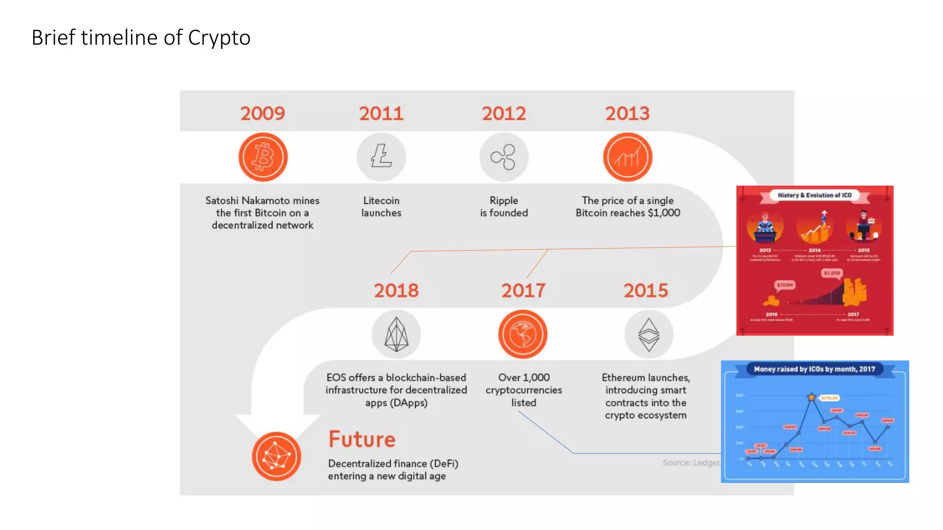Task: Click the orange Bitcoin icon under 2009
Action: click(x=263, y=157)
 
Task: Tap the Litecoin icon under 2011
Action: click(x=381, y=157)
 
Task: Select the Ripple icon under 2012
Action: click(x=504, y=157)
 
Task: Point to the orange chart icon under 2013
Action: click(x=628, y=157)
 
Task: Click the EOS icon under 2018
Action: click(x=396, y=334)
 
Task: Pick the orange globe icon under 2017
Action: click(x=523, y=334)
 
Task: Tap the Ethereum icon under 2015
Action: click(x=649, y=334)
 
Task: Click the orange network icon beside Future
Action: click(x=276, y=456)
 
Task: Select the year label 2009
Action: click(x=262, y=114)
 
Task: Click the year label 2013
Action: click(x=627, y=114)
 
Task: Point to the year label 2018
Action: click(x=396, y=291)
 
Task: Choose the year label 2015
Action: click(x=646, y=291)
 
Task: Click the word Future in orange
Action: click(x=362, y=439)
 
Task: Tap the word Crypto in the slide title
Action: click(x=219, y=38)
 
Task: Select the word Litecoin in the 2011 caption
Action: click(x=381, y=201)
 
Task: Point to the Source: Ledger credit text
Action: click(x=691, y=463)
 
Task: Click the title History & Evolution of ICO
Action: click(x=815, y=195)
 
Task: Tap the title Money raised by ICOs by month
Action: click(x=814, y=369)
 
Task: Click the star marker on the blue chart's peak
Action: click(x=811, y=397)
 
